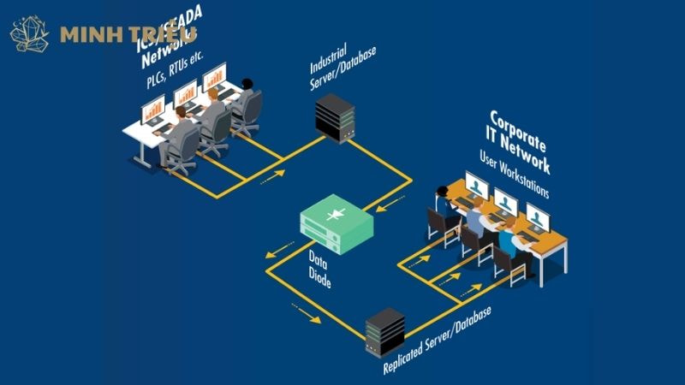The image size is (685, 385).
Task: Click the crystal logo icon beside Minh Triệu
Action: [29, 34]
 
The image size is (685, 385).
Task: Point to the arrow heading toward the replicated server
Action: [306, 316]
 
